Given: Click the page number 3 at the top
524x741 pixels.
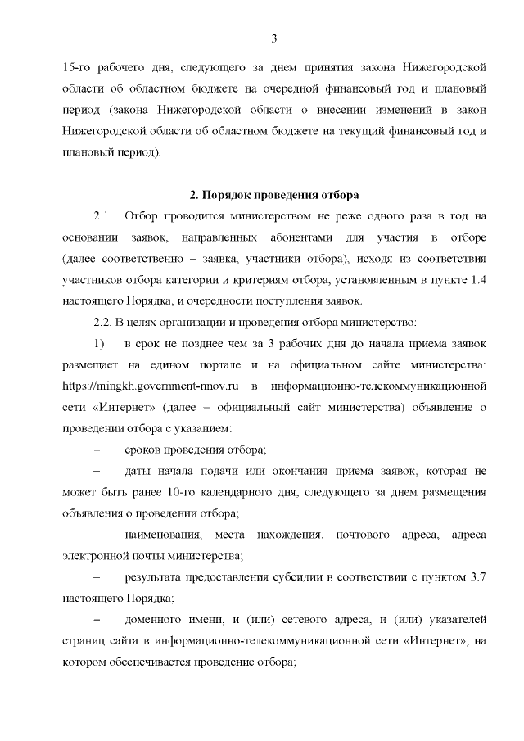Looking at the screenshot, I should point(274,38).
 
